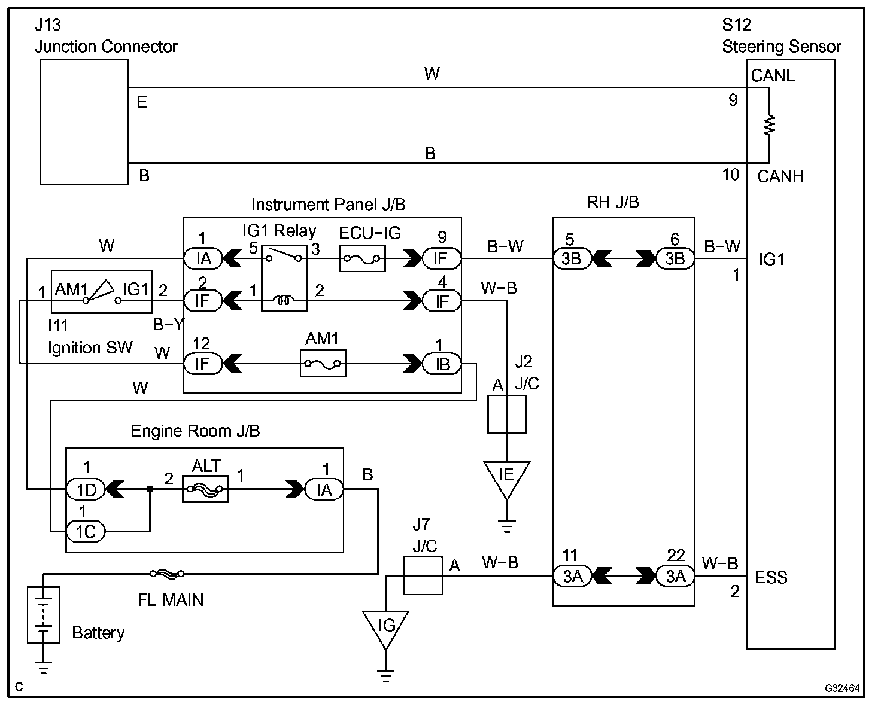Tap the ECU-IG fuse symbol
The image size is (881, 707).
pyautogui.click(x=363, y=259)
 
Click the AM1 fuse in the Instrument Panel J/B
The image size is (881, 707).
pyautogui.click(x=323, y=364)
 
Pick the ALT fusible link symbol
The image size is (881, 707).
pyautogui.click(x=205, y=489)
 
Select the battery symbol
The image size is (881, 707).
pyautogui.click(x=44, y=614)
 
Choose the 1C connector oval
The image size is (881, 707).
pyautogui.click(x=85, y=531)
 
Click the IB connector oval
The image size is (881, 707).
pyautogui.click(x=442, y=364)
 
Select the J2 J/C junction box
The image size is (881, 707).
pyautogui.click(x=507, y=414)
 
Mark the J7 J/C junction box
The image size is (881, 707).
pyautogui.click(x=423, y=575)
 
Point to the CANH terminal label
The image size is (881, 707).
pyautogui.click(x=780, y=176)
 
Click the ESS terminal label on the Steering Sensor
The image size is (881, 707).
pyautogui.click(x=771, y=578)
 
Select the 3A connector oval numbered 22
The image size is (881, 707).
pyautogui.click(x=675, y=576)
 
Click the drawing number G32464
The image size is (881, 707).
pyautogui.click(x=842, y=688)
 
